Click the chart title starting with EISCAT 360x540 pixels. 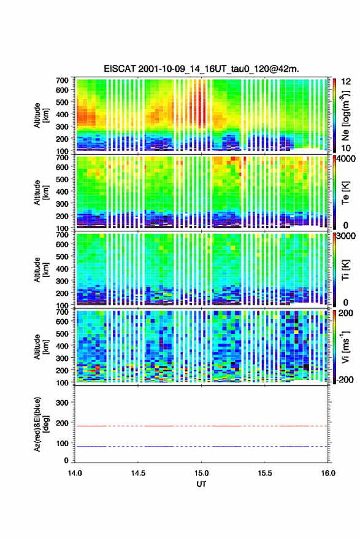coord(201,69)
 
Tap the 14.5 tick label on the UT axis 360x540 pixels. coord(138,473)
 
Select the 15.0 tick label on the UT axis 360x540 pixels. coord(201,473)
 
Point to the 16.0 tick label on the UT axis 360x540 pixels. coord(328,473)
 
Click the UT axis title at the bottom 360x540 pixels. coord(201,484)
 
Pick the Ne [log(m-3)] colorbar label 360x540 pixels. coord(345,115)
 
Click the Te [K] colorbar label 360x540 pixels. coord(345,193)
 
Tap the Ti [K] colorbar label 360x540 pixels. coord(345,269)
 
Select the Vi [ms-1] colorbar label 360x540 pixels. coord(345,347)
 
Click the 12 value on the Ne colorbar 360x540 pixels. coord(346,82)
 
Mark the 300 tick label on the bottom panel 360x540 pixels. coord(62,403)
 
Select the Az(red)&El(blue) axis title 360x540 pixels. coord(41,425)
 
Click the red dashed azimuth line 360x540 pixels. coord(201,426)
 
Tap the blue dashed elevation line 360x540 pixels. coord(201,446)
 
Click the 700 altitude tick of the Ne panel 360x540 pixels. coord(62,80)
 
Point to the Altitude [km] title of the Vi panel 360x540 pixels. coord(41,347)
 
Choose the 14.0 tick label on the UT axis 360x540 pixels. coord(75,473)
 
